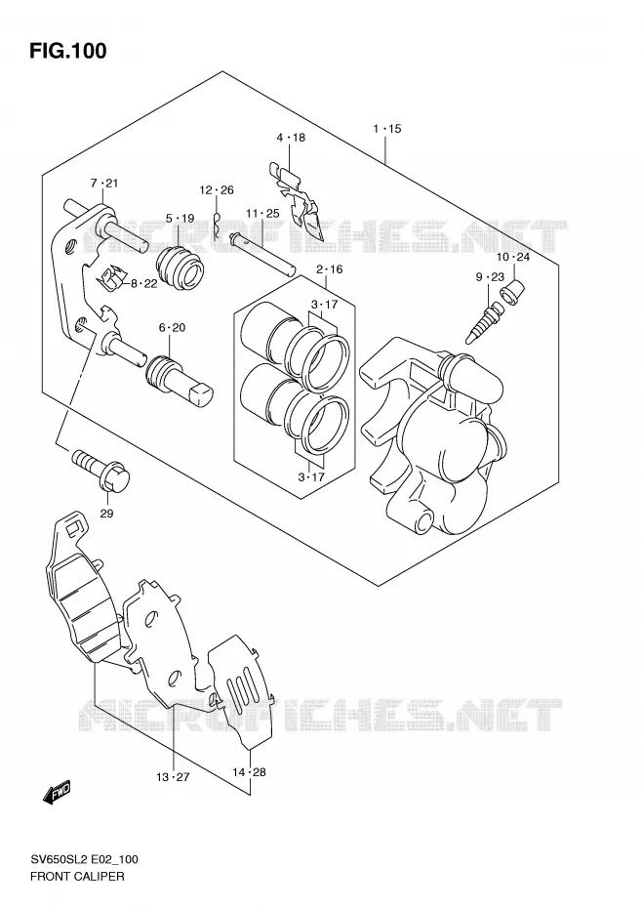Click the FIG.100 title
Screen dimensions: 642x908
(x=68, y=51)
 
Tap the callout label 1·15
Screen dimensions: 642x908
(x=386, y=129)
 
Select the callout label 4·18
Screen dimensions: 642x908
(x=290, y=138)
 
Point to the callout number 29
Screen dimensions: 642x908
(x=106, y=513)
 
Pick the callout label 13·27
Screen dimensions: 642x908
(x=173, y=777)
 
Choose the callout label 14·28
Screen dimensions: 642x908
(x=249, y=772)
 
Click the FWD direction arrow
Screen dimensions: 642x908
(x=57, y=793)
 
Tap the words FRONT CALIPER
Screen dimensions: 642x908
(x=77, y=876)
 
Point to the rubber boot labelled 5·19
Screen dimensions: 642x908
(x=180, y=268)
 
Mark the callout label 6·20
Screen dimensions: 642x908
(x=172, y=328)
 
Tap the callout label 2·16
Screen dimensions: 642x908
(x=329, y=269)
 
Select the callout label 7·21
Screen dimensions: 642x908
(x=103, y=184)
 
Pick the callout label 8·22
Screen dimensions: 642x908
(x=143, y=283)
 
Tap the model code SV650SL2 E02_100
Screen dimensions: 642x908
(x=83, y=859)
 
